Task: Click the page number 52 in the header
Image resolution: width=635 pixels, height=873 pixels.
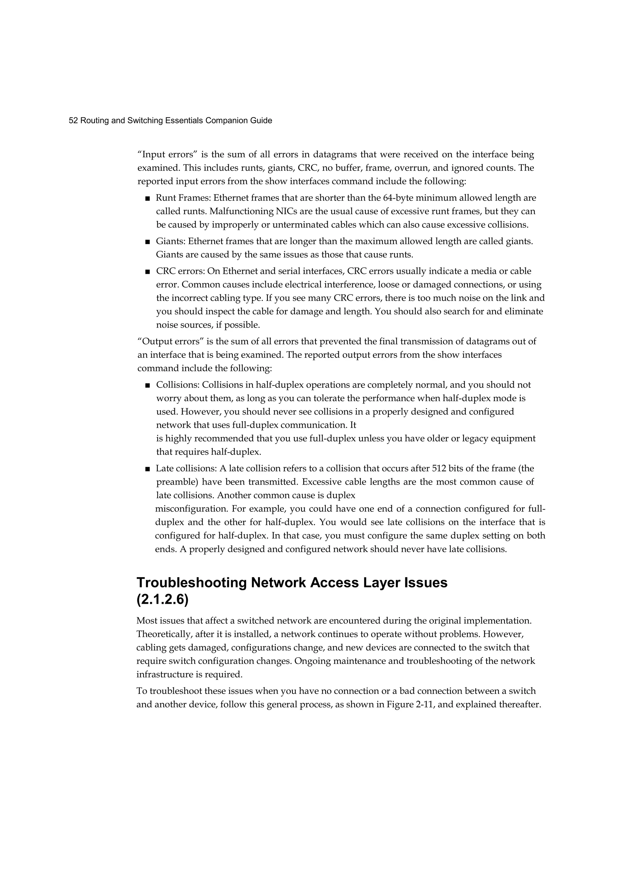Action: [73, 121]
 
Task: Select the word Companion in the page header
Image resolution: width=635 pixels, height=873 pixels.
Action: [224, 121]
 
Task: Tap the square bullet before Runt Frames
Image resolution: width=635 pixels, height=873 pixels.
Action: [147, 199]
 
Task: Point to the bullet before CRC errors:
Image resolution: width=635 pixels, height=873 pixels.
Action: [147, 272]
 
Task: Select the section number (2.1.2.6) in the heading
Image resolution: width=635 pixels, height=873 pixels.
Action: [162, 601]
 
